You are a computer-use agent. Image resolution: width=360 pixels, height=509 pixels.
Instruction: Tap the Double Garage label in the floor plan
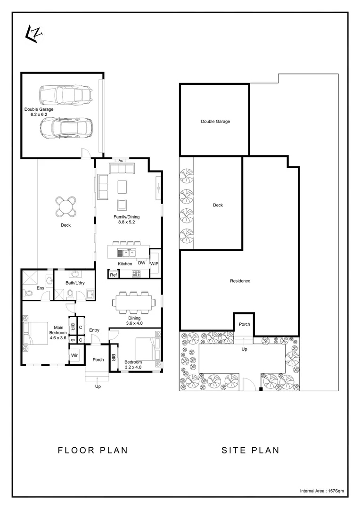click(39, 112)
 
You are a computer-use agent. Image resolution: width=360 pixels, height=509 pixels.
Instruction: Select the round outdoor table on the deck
click(65, 205)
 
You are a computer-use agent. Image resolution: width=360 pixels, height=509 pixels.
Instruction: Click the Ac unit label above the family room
click(121, 161)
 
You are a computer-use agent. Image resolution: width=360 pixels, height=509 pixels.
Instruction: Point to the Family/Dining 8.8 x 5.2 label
click(126, 220)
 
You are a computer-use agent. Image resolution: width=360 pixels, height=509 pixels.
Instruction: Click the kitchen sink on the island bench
click(126, 253)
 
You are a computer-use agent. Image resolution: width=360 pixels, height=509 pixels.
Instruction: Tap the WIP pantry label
click(154, 263)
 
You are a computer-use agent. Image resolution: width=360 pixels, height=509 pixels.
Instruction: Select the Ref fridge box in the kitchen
click(113, 275)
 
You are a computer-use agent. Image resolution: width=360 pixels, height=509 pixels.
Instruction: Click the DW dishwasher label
click(141, 263)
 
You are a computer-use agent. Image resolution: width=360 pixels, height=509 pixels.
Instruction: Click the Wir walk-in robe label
click(74, 355)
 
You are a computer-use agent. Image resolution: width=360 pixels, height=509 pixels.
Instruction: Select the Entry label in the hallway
click(94, 330)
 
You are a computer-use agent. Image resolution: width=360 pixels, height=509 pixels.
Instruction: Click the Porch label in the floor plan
click(98, 360)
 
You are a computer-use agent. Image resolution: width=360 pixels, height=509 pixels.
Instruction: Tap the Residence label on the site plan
click(240, 281)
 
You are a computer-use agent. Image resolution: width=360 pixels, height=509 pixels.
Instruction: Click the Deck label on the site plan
click(217, 205)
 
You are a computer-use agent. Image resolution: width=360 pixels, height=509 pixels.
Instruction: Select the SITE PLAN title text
click(250, 450)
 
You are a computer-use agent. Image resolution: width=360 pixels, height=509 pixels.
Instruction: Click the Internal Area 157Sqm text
click(322, 491)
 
